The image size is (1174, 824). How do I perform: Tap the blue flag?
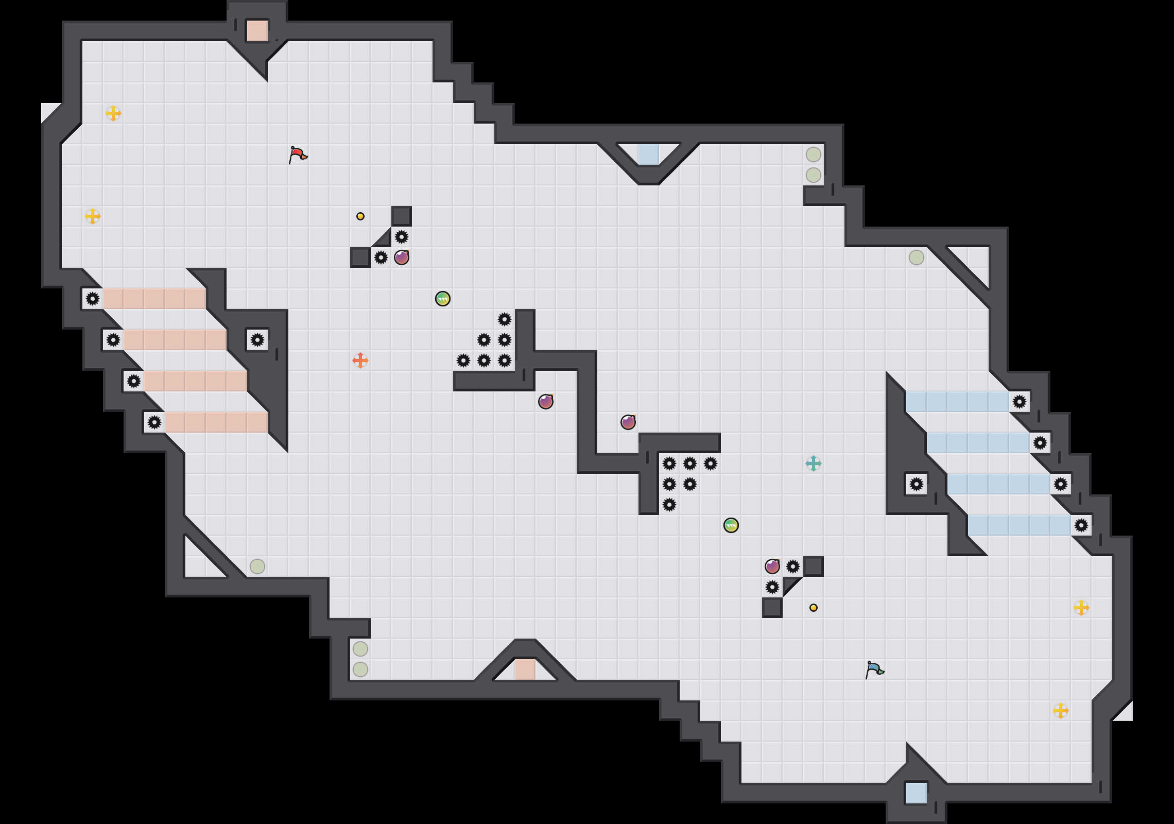click(x=874, y=669)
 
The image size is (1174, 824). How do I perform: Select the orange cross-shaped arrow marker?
click(x=360, y=360)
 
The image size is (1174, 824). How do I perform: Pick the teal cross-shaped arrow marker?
click(x=814, y=463)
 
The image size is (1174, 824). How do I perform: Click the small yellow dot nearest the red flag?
click(x=360, y=216)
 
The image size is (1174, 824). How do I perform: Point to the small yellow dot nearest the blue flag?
click(x=814, y=608)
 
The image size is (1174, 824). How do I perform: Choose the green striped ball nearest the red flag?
click(x=443, y=299)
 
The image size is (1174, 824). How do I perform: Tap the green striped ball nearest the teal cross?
click(x=731, y=525)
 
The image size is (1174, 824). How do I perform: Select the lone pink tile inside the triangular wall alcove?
click(x=525, y=669)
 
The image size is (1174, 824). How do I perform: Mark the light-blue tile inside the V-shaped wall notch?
click(x=649, y=154)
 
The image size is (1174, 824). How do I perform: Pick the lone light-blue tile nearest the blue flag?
click(x=917, y=793)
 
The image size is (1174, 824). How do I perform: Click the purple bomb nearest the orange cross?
click(x=402, y=257)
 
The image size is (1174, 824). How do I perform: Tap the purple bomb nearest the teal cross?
click(x=772, y=566)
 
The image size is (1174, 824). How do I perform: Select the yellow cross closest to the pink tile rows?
click(x=93, y=216)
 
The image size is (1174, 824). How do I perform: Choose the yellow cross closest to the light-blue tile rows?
click(x=1081, y=608)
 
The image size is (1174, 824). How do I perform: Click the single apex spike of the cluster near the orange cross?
click(x=505, y=319)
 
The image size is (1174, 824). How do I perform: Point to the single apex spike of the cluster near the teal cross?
click(x=669, y=505)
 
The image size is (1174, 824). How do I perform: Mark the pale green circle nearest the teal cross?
click(x=917, y=257)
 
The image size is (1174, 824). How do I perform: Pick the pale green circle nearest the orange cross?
click(x=257, y=566)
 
